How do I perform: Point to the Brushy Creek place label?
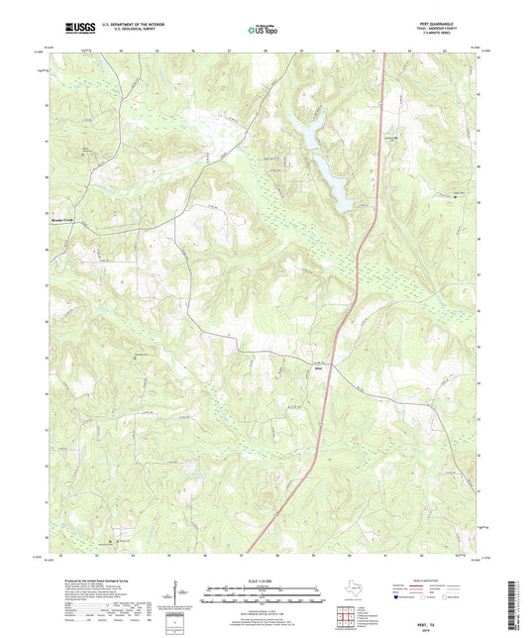[x=62, y=221]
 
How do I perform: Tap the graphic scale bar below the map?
[x=264, y=596]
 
